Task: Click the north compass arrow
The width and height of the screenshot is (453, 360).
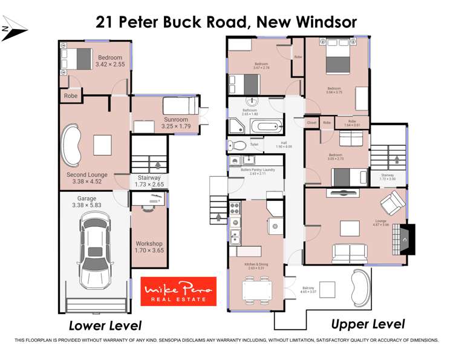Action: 13,31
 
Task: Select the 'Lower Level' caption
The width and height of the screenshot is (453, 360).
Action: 105,326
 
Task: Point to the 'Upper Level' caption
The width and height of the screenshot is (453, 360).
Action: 368,324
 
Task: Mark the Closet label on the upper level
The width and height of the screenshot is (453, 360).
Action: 311,123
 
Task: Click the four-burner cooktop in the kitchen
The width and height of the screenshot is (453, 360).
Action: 235,210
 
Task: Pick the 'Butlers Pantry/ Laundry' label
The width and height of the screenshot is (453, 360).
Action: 258,169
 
